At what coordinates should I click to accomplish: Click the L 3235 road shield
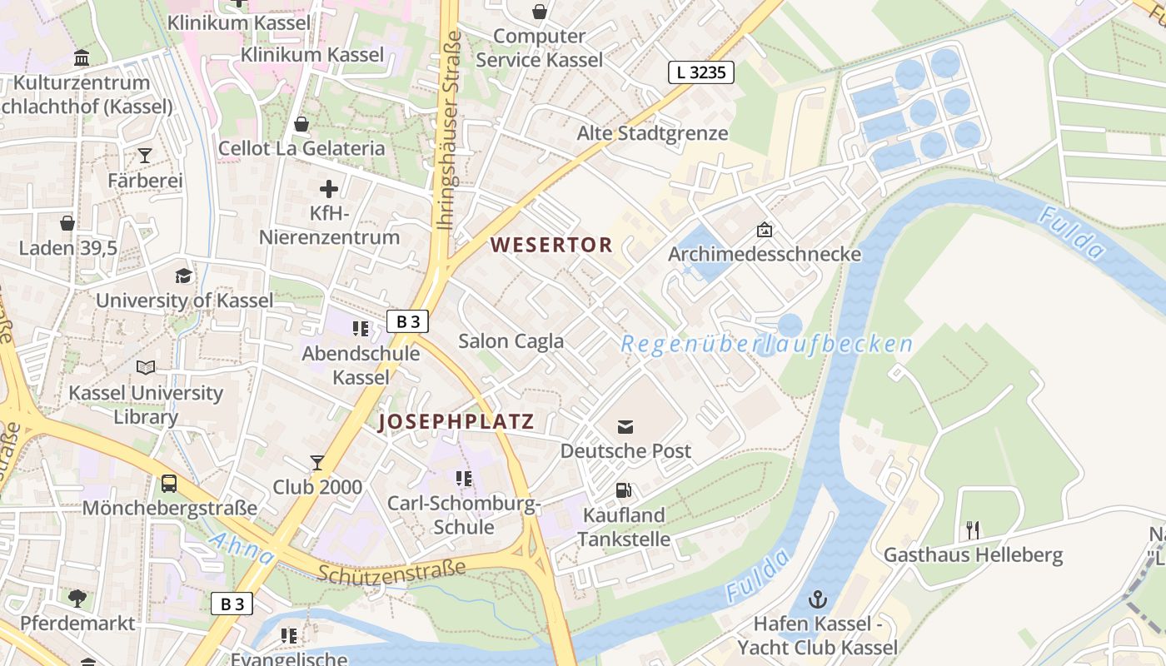(701, 72)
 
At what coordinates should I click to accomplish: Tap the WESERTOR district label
(551, 245)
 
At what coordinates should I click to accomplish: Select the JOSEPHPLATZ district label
(456, 422)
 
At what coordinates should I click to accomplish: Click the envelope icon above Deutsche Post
(625, 427)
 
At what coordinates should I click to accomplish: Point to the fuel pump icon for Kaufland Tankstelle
(623, 491)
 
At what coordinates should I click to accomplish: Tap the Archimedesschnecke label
(764, 254)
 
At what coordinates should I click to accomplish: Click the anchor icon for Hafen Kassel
(817, 599)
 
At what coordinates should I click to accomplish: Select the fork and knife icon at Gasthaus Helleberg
(972, 529)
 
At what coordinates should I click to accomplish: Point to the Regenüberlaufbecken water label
(766, 344)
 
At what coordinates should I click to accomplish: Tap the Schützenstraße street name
(391, 570)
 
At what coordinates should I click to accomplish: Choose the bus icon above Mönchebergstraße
(168, 484)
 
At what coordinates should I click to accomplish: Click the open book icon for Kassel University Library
(146, 367)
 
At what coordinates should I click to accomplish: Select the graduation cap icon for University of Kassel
(183, 276)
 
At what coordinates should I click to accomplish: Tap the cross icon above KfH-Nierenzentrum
(329, 189)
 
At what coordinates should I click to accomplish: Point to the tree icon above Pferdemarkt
(77, 598)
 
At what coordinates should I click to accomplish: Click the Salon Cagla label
(511, 340)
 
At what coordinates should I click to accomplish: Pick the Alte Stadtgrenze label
(652, 133)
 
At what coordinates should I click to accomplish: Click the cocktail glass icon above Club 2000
(317, 462)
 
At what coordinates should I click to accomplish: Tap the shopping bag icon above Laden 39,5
(67, 223)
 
